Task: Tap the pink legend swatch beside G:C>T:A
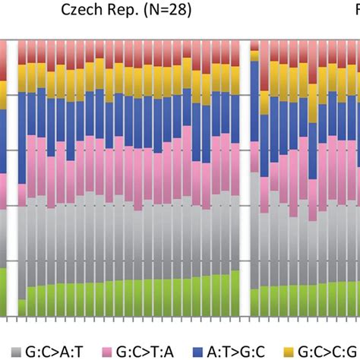[x=105, y=351]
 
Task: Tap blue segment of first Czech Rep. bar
[x=22, y=137]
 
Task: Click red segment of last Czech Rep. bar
[x=235, y=53]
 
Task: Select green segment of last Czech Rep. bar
[x=235, y=293]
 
